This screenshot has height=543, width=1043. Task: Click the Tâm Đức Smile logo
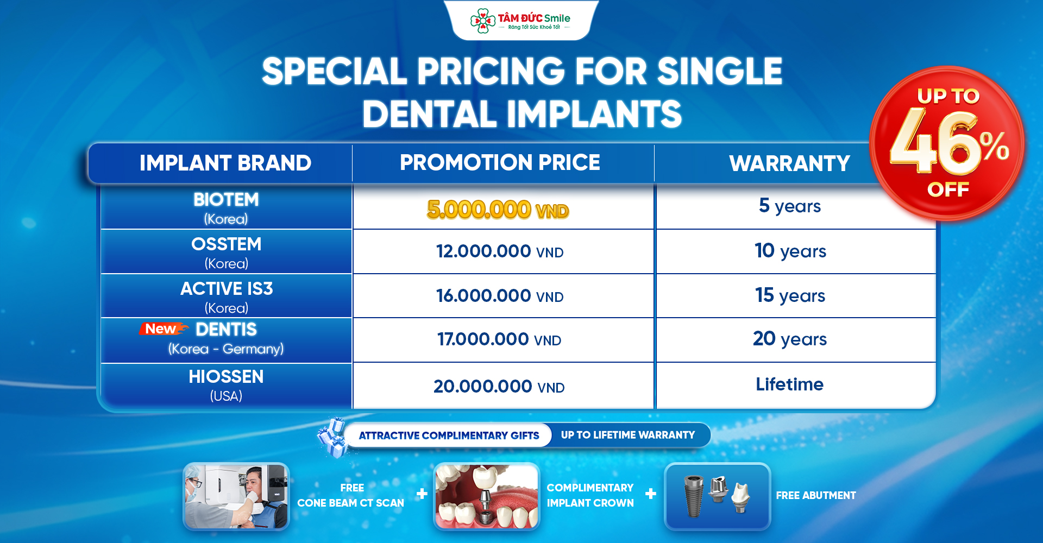pos(520,20)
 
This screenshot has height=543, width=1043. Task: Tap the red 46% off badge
pos(947,143)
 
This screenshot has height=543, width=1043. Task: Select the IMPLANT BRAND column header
pos(225,163)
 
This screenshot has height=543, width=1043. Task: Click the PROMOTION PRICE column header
pos(500,162)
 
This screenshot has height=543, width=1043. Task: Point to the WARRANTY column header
pos(789,163)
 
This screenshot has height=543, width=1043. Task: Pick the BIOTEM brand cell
pos(226,207)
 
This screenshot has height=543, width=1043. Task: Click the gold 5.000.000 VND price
pos(498,210)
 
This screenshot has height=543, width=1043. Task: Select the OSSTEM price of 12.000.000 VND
pos(500,251)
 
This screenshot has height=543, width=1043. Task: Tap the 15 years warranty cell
pos(790,295)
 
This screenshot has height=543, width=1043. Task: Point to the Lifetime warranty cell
pos(790,385)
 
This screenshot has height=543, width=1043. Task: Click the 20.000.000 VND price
pos(499,387)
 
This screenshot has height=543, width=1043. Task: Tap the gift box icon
pos(332,437)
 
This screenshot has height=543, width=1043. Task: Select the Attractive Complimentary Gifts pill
pos(449,435)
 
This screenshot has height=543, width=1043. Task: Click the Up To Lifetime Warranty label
pos(627,435)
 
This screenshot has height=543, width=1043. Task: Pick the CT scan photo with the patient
pos(236,496)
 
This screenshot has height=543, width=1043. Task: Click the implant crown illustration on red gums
pos(487,496)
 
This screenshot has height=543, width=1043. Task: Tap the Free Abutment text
pos(815,495)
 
